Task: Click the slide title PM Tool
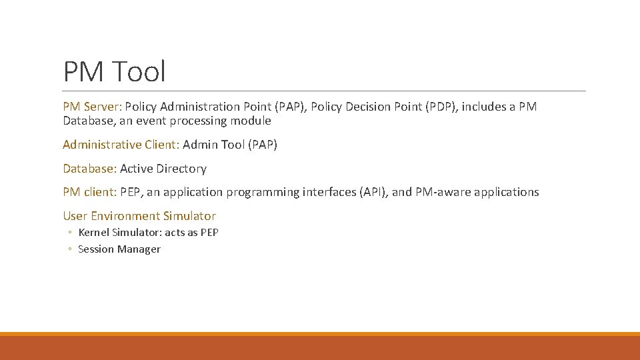pos(114,71)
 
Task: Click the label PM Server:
pos(92,107)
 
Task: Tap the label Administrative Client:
pos(121,145)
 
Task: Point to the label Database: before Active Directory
pos(89,169)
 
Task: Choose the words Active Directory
pos(163,169)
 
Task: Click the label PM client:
pos(90,192)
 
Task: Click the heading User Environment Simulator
pos(139,216)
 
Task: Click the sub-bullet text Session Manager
pos(119,249)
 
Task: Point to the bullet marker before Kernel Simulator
pos(69,233)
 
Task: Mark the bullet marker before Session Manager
pos(69,250)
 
